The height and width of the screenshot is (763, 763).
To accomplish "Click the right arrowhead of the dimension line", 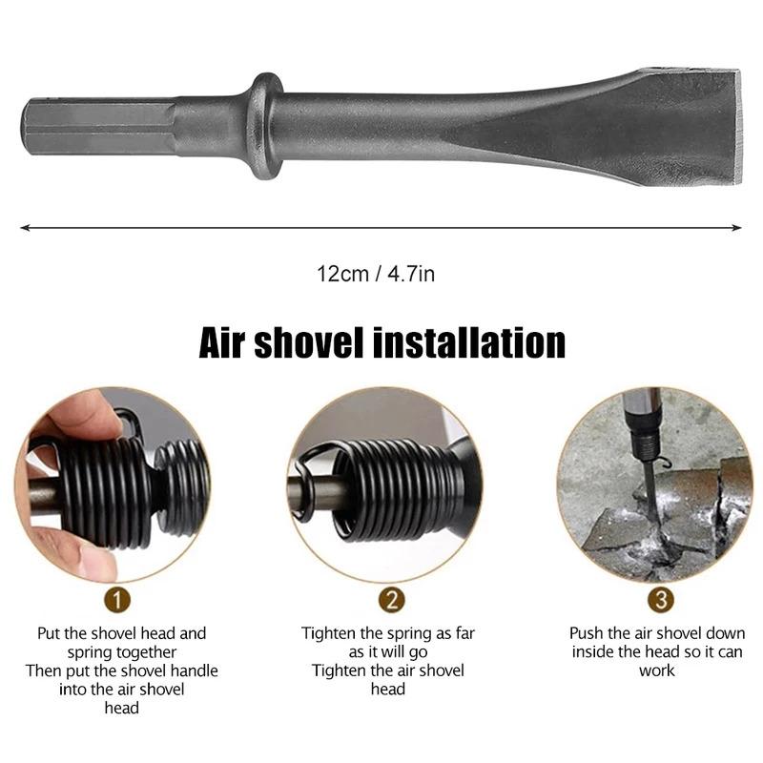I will [737, 227].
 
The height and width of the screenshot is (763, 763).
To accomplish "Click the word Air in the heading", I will [227, 341].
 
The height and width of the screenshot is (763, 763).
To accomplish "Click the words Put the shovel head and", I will [122, 633].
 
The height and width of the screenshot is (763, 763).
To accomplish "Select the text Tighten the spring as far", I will [388, 633].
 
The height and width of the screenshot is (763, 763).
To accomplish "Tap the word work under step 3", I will [657, 670].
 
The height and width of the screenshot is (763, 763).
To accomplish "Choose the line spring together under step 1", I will [122, 652].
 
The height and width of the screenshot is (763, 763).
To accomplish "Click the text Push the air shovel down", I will [657, 633].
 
